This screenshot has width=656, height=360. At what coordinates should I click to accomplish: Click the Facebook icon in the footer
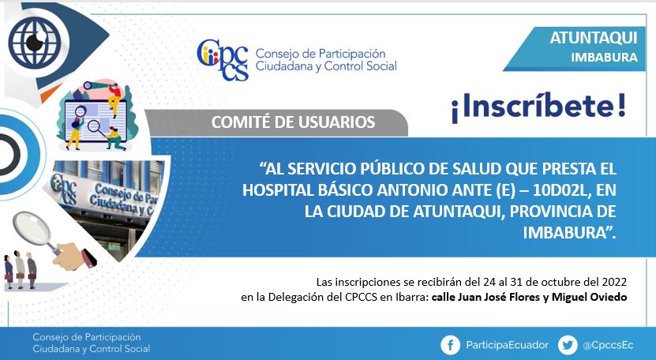(450, 345)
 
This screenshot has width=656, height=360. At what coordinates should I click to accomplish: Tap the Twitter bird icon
(568, 345)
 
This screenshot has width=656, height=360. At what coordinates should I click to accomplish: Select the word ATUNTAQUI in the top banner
(594, 38)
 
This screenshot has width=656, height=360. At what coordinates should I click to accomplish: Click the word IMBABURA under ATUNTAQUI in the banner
(604, 58)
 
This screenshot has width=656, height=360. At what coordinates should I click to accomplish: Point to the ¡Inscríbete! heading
(538, 107)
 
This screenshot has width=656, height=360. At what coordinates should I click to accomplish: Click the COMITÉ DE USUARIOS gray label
(293, 122)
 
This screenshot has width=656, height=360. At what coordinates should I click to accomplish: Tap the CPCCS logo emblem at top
(223, 59)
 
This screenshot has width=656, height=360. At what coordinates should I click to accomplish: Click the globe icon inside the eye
(35, 41)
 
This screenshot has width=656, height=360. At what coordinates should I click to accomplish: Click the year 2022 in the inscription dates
(614, 282)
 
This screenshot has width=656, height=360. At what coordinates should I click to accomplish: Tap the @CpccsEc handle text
(608, 345)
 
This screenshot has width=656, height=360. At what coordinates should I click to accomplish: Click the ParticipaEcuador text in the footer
(507, 345)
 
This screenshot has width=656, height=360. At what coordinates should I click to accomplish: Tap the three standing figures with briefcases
(20, 270)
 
